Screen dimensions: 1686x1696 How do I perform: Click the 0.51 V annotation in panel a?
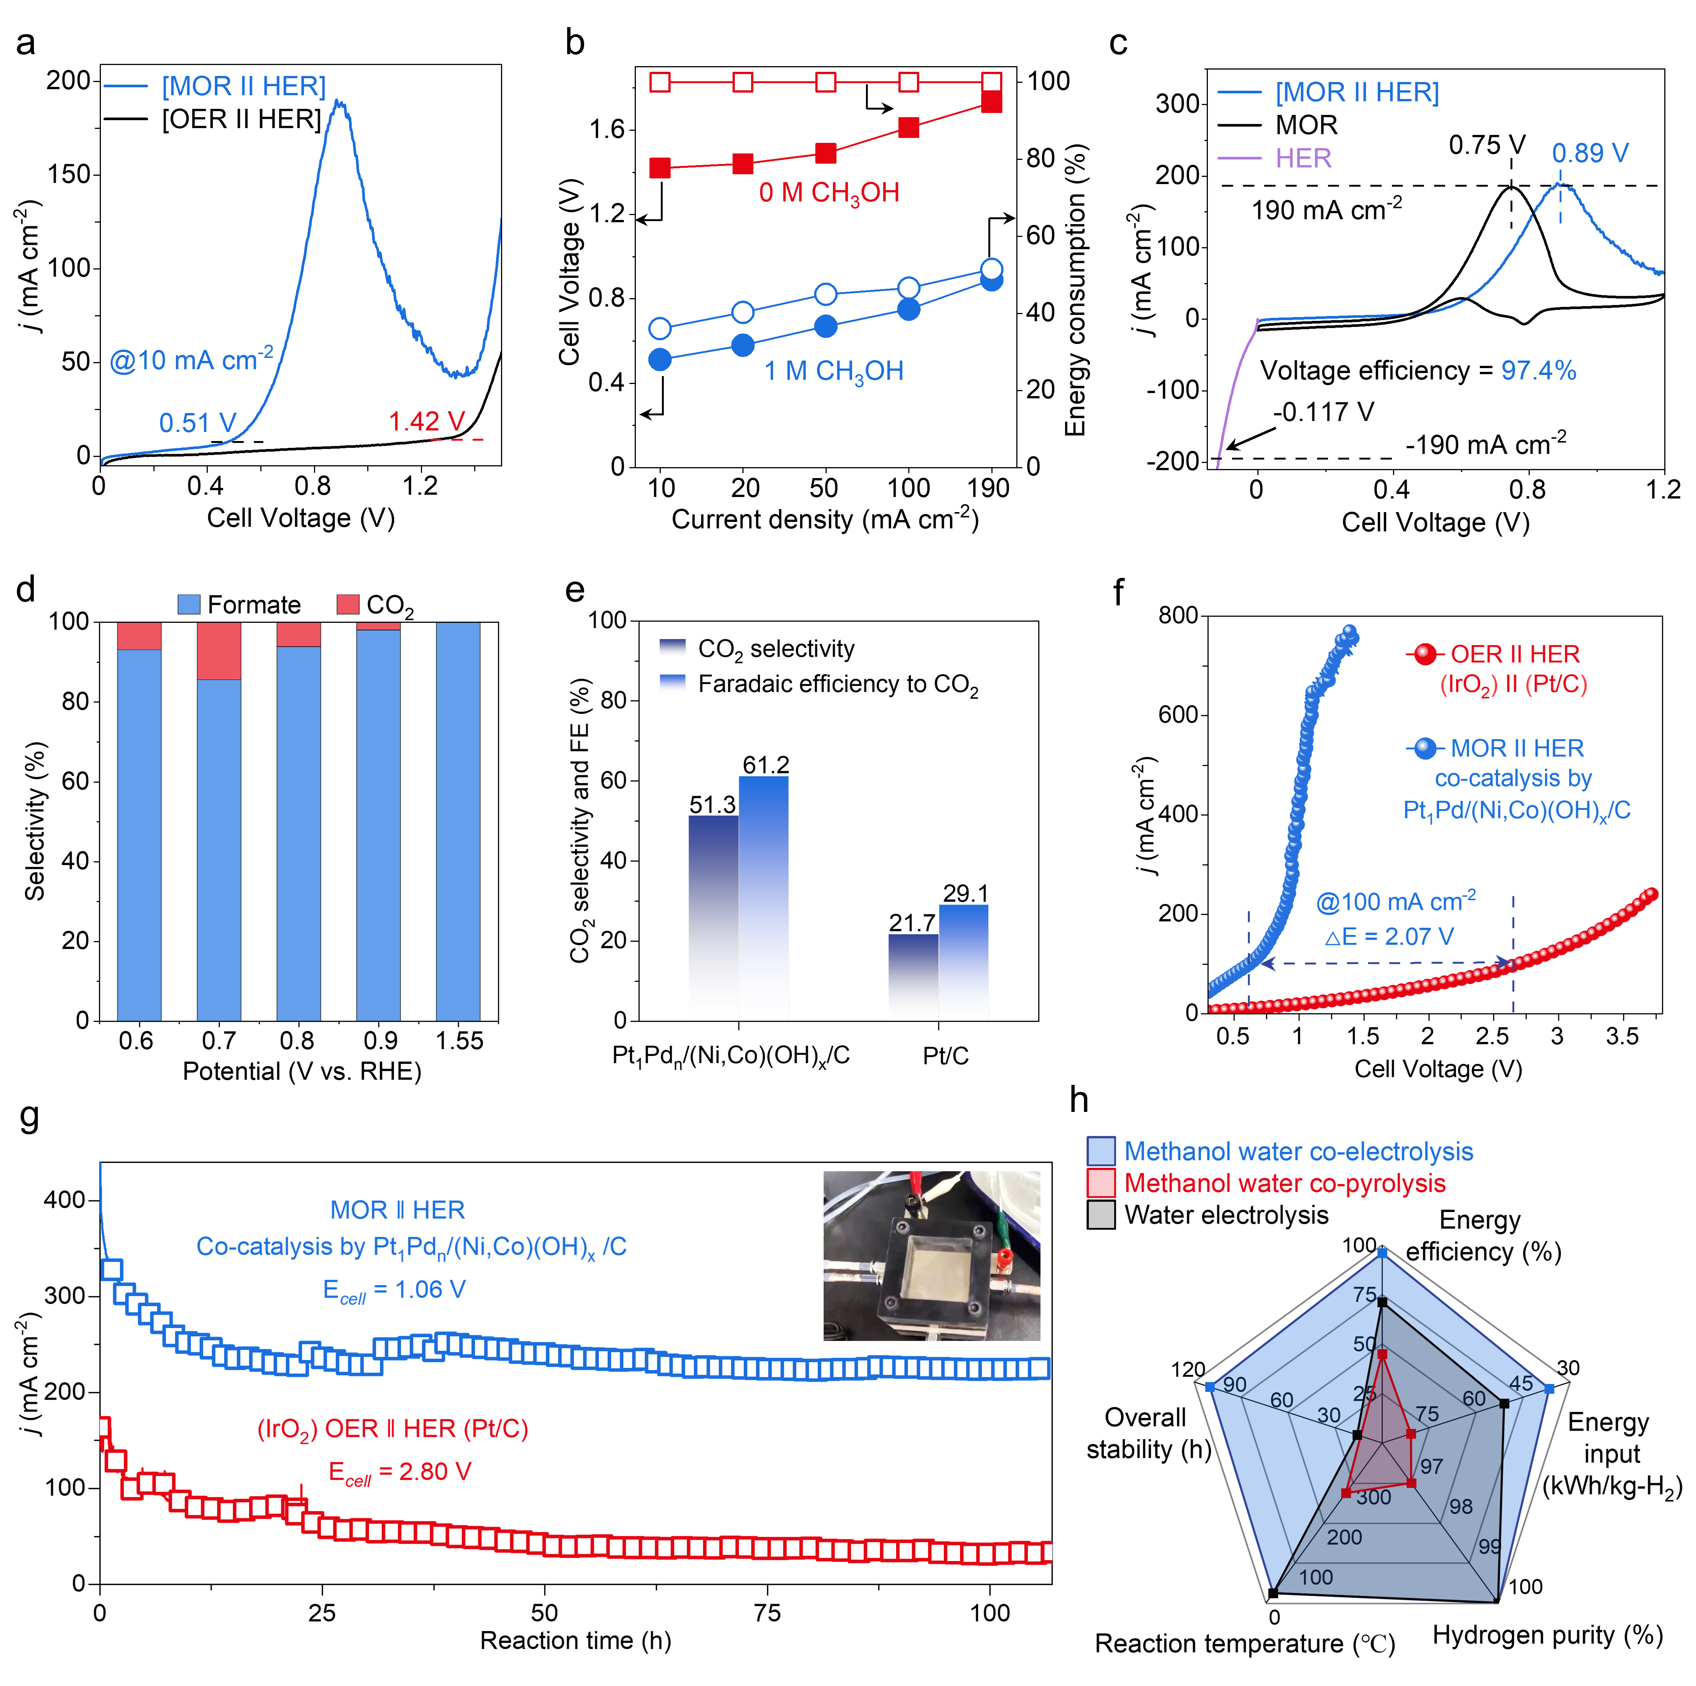(198, 423)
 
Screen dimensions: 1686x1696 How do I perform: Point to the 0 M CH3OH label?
(829, 192)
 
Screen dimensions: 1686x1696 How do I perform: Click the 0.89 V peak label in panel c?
(1590, 154)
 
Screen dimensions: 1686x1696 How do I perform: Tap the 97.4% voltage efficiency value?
(1538, 370)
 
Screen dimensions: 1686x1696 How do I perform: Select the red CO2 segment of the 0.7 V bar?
(219, 651)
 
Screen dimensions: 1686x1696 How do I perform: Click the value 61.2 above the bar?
(765, 765)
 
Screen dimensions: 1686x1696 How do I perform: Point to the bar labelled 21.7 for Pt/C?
(913, 975)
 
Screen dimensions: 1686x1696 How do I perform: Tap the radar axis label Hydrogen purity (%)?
(1547, 1635)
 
